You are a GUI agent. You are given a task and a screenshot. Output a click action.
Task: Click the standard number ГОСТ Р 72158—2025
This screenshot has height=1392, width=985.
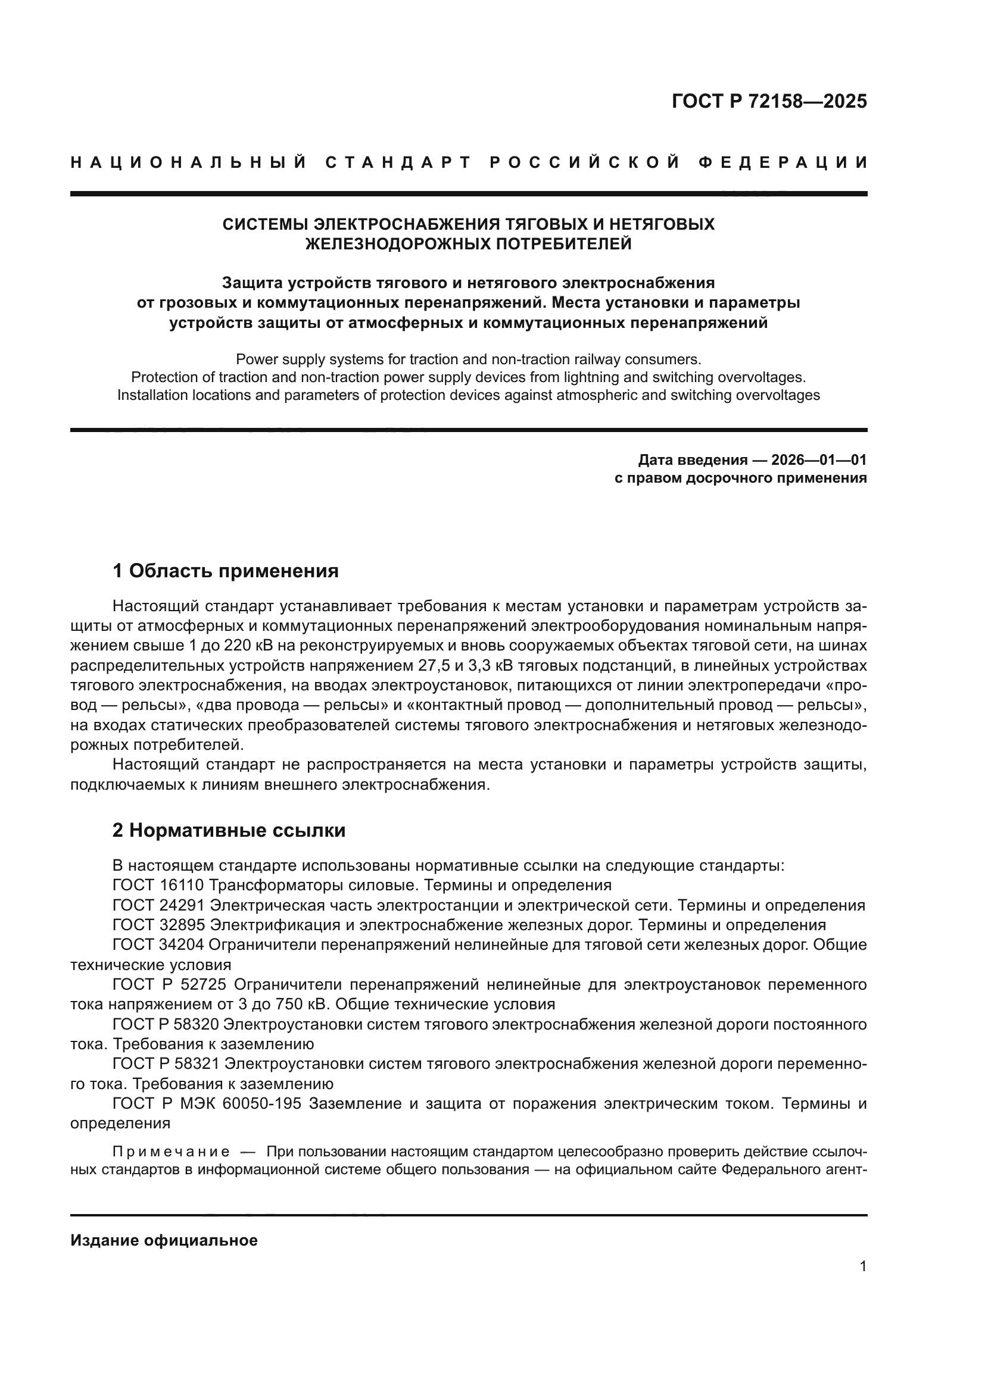tap(769, 101)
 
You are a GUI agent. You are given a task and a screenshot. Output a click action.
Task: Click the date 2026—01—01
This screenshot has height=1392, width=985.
tap(819, 460)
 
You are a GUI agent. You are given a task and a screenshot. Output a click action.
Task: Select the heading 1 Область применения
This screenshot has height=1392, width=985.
tap(226, 571)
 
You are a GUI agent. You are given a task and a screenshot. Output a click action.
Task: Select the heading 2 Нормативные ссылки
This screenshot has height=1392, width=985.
tap(229, 830)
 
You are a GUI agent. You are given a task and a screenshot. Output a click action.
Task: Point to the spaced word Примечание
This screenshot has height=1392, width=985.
tap(170, 1152)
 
